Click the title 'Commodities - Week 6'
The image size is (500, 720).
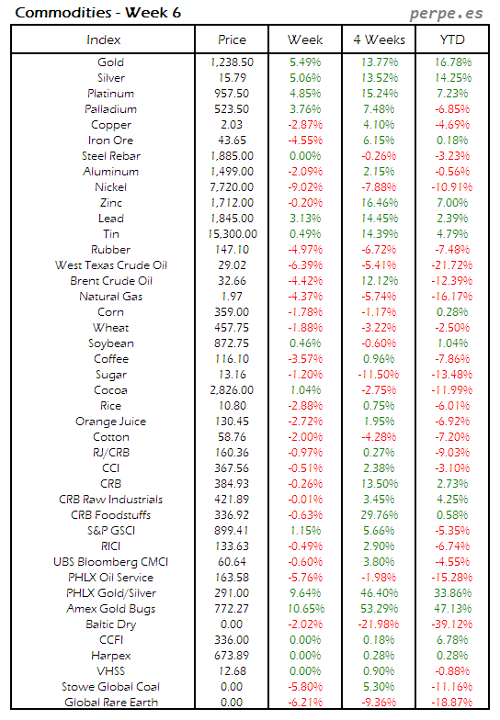[x=75, y=13]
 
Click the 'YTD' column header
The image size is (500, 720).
[x=452, y=39]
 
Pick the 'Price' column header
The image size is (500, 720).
[x=232, y=39]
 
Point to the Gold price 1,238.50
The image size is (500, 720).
[x=232, y=62]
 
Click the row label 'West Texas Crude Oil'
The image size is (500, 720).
[x=104, y=265]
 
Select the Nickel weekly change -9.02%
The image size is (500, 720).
[x=305, y=187]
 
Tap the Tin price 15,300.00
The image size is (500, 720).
[x=232, y=234]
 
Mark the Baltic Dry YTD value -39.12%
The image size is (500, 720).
[x=452, y=624]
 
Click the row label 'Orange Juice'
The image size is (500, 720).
[x=104, y=422]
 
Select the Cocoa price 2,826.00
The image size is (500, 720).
[x=232, y=390]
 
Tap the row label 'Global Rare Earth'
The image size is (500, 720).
[x=104, y=703]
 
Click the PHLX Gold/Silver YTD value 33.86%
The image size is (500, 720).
[x=452, y=593]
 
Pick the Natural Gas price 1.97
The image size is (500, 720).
[x=232, y=297]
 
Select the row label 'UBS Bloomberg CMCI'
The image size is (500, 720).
[x=104, y=562]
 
